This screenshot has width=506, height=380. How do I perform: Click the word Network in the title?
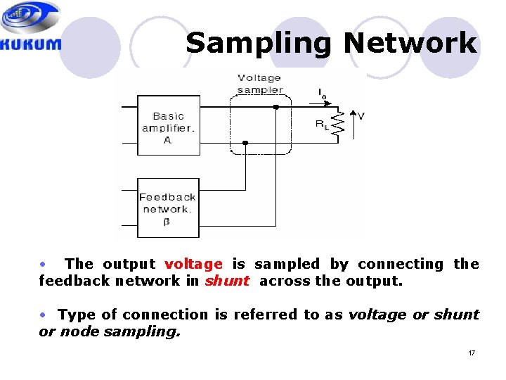410,43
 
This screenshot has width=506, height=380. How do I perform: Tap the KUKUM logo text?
31,44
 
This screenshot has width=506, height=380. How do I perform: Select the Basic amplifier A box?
168,128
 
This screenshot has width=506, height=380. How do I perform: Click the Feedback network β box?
168,208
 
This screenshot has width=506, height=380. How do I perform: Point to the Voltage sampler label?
260,84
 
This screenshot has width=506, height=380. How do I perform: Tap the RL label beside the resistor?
321,125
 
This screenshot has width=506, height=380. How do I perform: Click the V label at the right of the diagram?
361,115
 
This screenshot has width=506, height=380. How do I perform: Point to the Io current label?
321,94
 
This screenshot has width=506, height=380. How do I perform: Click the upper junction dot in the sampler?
276,107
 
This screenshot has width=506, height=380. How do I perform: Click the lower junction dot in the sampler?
245,143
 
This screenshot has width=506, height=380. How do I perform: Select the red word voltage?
193,264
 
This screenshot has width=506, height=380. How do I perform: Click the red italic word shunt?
227,281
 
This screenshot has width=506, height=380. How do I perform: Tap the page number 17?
472,352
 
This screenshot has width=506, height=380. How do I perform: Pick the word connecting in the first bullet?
401,264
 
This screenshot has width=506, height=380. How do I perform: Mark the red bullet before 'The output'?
43,264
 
